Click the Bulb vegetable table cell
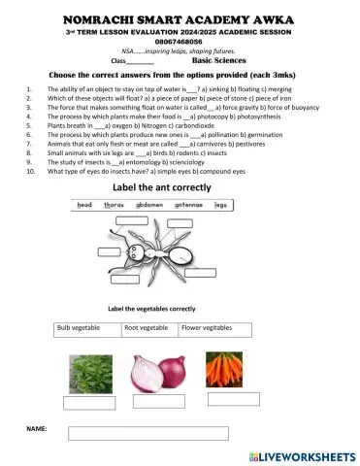(x=86, y=328)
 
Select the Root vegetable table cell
(x=148, y=328)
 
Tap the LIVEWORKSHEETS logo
(x=301, y=454)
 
